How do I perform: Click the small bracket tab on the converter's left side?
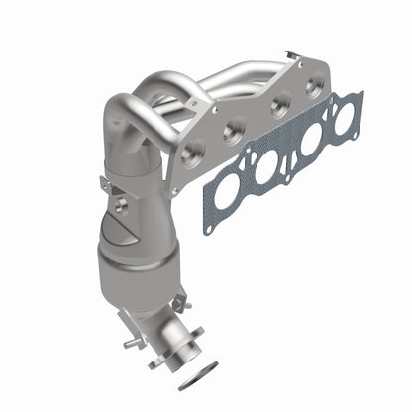tap(105, 184)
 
